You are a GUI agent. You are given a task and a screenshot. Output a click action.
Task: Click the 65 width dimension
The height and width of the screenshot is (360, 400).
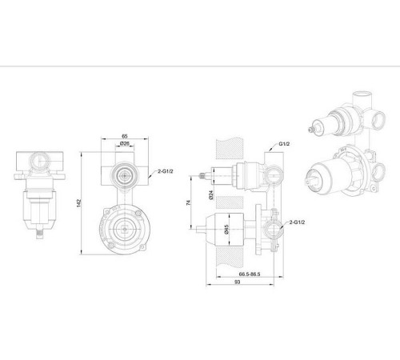125,136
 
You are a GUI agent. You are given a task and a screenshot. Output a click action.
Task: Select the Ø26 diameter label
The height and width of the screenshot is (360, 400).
125,144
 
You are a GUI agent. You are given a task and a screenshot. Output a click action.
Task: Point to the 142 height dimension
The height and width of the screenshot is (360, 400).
78,203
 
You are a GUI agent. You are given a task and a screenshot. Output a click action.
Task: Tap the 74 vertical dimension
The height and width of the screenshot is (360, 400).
189,202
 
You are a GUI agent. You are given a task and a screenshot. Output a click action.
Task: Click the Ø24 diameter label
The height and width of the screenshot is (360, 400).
211,195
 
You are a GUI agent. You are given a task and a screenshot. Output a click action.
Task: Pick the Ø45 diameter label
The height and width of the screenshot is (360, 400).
226,230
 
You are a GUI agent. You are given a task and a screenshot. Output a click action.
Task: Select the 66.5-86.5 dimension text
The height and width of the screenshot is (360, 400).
250,274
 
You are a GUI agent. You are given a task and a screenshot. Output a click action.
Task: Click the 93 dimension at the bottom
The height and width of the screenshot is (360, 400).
238,282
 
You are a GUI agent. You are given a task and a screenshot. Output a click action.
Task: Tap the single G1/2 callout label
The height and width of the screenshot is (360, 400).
284,144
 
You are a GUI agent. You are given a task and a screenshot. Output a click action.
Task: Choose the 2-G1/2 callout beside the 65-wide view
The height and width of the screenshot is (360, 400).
166,171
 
